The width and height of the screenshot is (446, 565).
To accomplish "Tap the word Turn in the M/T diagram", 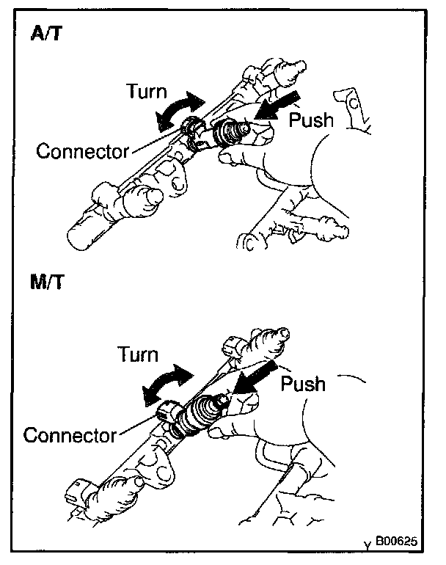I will [x=138, y=355].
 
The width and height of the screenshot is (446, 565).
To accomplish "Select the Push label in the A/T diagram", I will [x=311, y=120].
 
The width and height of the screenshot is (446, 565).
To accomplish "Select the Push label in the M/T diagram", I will [x=302, y=383].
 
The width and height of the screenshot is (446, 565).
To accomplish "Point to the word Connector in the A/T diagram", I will [x=82, y=152].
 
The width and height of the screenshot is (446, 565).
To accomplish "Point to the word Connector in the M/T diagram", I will [x=70, y=435].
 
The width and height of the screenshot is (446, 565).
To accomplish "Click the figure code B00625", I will [x=396, y=544].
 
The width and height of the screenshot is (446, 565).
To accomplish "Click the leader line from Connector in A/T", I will [x=156, y=142].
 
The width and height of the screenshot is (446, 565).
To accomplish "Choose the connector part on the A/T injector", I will [x=193, y=131].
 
